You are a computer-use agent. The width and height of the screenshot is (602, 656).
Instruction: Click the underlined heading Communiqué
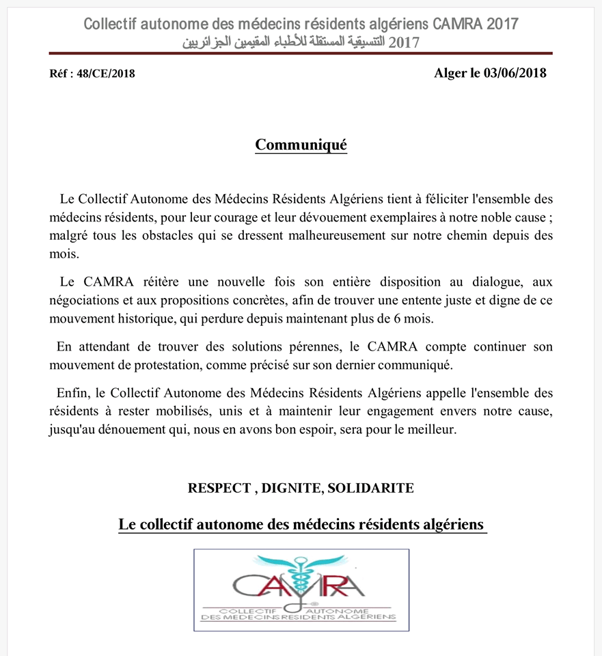[x=301, y=145]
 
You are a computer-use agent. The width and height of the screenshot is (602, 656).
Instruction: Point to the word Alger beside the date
[x=450, y=74]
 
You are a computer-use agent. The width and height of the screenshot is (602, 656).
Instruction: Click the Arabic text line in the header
[x=301, y=42]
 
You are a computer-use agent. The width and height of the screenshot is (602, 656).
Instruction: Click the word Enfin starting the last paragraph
[x=71, y=394]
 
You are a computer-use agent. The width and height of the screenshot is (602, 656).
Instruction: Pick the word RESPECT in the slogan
[x=219, y=489]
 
